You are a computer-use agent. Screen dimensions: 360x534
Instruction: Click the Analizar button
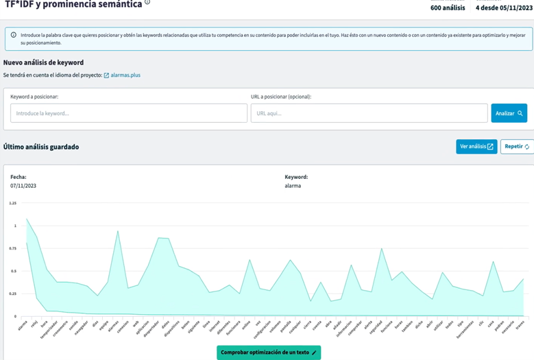tap(509, 113)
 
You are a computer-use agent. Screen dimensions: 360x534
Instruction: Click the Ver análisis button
tap(476, 147)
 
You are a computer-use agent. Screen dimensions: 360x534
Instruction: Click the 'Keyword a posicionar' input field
tap(129, 113)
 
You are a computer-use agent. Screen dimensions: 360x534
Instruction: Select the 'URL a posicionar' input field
tap(369, 113)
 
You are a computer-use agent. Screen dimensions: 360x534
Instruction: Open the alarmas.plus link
tap(125, 75)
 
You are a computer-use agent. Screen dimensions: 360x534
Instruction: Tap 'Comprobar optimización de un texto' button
tap(269, 352)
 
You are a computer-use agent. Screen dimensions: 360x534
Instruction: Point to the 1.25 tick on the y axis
tap(12, 203)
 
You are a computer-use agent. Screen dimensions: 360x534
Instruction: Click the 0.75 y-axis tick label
tap(12, 248)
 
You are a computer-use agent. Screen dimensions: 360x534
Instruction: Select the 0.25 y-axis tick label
tap(12, 293)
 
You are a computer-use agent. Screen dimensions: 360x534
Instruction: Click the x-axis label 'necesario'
tap(509, 326)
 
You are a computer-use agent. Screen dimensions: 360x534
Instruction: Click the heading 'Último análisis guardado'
tap(41, 147)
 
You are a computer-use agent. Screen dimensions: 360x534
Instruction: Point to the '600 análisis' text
tap(447, 8)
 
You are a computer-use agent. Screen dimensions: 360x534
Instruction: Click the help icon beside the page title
tap(147, 3)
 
